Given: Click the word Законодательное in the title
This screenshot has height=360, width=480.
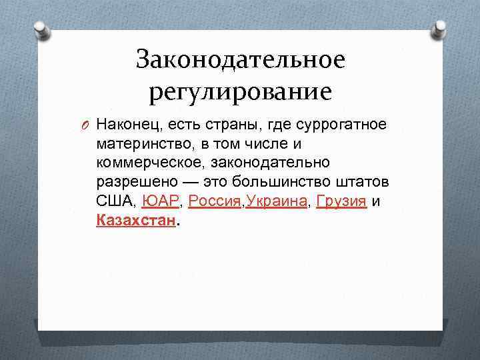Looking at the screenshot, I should point(240,60).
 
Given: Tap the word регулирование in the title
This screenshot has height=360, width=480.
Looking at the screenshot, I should point(240,92).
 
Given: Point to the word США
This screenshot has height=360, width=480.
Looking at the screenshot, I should point(115,201).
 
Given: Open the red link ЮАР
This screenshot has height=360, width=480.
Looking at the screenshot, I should point(160,201).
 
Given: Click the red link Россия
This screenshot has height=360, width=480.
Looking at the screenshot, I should point(215,201).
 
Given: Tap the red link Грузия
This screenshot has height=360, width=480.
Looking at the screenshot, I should point(341,201).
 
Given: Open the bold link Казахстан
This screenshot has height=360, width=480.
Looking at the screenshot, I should point(136,221).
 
